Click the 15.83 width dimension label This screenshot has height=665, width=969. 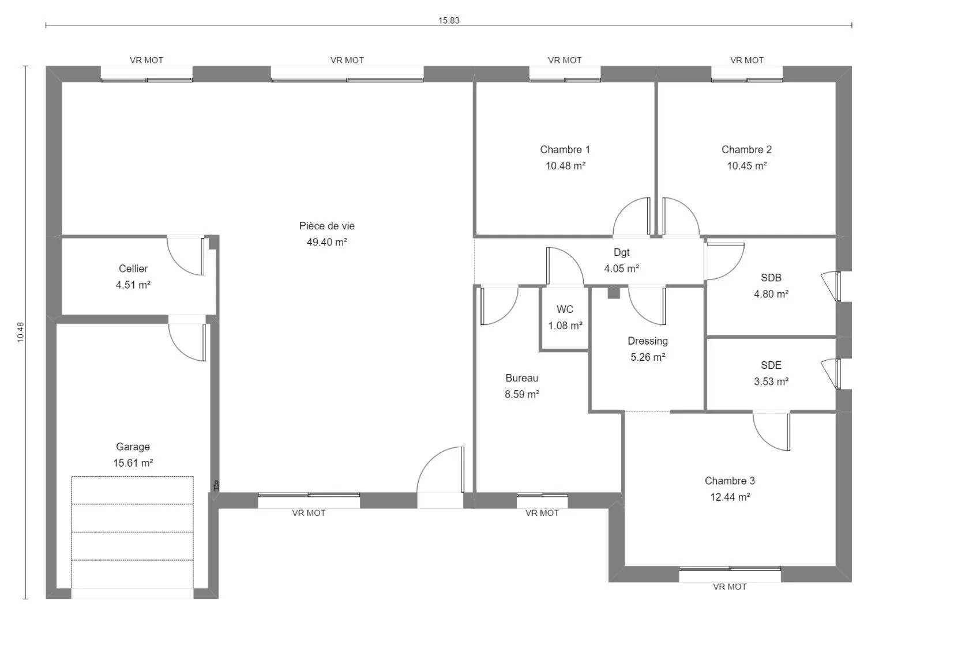tap(449, 20)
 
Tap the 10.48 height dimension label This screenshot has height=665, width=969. tap(20, 332)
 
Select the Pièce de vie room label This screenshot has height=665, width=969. tap(327, 225)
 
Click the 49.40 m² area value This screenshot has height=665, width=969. tap(327, 242)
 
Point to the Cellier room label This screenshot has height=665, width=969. tap(133, 269)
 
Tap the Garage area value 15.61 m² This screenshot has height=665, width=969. tap(133, 463)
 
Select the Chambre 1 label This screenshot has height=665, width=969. tap(565, 149)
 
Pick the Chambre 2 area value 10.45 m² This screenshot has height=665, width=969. tap(746, 165)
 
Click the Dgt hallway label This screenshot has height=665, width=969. tap(622, 252)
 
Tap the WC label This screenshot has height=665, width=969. tap(565, 309)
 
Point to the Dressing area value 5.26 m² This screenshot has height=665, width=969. tap(648, 357)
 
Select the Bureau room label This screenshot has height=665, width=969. tap(521, 378)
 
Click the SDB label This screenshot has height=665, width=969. tap(771, 277)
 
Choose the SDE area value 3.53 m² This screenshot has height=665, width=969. tap(771, 381)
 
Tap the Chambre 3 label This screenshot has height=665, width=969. tap(730, 481)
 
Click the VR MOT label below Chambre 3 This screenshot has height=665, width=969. tap(730, 587)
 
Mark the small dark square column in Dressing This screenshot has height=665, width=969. tap(614, 293)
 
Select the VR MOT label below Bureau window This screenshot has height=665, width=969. tap(542, 513)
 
